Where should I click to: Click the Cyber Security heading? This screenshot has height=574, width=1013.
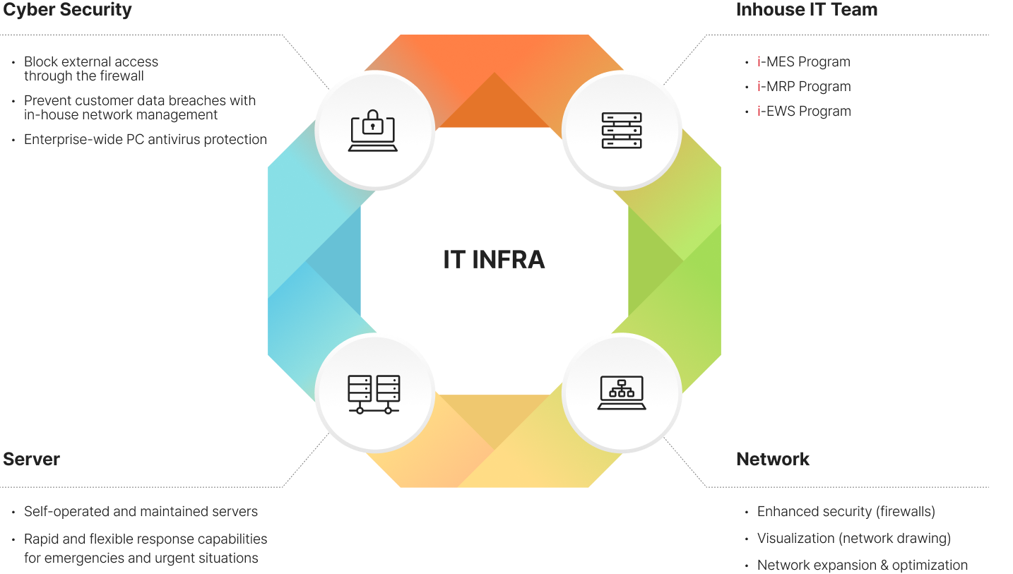(67, 9)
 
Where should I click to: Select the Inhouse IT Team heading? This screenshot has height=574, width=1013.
(807, 9)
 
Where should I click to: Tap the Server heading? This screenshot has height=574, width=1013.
(32, 459)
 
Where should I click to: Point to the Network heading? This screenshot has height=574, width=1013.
(773, 459)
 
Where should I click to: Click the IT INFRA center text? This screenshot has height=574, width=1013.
(494, 260)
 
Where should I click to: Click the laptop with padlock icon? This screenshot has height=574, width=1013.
(373, 131)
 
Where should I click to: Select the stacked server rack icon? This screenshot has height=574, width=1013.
(622, 131)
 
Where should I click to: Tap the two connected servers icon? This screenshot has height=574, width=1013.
(374, 394)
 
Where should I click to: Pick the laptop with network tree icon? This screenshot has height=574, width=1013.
(622, 393)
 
